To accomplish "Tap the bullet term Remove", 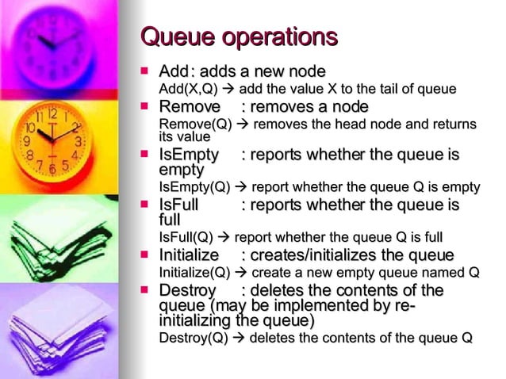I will coord(190,107).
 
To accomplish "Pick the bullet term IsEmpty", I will coord(189,155).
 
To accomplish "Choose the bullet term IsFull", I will coord(178,205).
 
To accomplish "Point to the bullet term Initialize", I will coord(190,255).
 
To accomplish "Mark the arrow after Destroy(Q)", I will coord(239,338).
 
